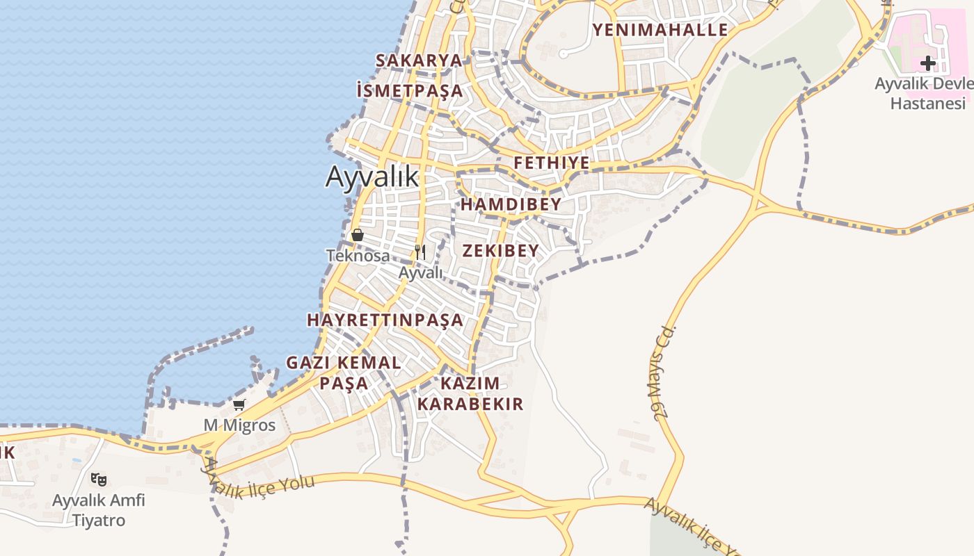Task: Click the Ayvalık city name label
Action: coord(372,177)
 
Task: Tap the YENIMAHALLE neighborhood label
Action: coord(660,30)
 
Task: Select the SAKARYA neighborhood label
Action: coord(419,60)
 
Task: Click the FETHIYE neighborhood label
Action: coord(552,163)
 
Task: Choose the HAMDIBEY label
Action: coord(511,204)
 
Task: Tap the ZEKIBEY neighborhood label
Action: coord(500,251)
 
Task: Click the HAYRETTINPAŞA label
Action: coord(385,320)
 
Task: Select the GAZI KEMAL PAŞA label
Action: coord(344,373)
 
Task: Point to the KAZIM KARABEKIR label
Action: coord(470,393)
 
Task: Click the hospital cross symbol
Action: coord(927,64)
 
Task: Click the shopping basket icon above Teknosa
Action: coord(358,235)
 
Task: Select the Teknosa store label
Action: coord(358,256)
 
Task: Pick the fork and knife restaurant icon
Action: coord(420,252)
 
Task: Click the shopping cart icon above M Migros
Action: coord(239,404)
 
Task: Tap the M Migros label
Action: coord(239,425)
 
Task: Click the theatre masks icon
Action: coord(99,479)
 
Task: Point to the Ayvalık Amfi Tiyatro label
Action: coord(99,510)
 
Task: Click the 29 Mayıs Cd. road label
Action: coord(665,371)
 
